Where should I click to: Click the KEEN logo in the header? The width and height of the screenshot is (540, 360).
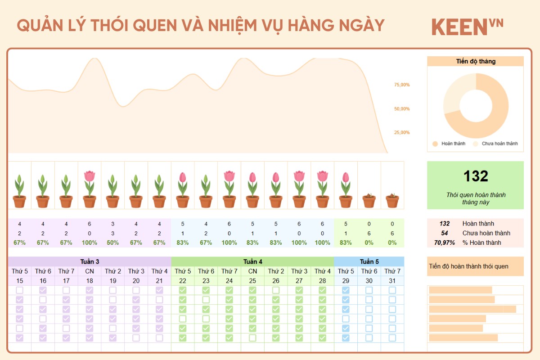pyautogui.click(x=467, y=27)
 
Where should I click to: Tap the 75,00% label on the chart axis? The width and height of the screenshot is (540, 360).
pyautogui.click(x=402, y=85)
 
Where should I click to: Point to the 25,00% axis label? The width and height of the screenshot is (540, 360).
pyautogui.click(x=402, y=133)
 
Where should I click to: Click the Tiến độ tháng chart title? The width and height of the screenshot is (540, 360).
pyautogui.click(x=475, y=61)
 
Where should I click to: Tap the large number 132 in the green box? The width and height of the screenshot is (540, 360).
pyautogui.click(x=476, y=176)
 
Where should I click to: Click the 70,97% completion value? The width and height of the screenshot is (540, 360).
pyautogui.click(x=445, y=243)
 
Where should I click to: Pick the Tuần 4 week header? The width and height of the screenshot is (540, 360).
pyautogui.click(x=252, y=261)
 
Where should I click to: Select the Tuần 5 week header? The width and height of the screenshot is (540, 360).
pyautogui.click(x=369, y=261)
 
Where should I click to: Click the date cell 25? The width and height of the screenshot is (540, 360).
pyautogui.click(x=252, y=281)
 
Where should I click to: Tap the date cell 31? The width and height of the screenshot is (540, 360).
pyautogui.click(x=392, y=281)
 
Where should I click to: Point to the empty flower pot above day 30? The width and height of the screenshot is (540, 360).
pyautogui.click(x=369, y=201)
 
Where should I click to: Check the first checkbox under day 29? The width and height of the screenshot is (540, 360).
pyautogui.click(x=346, y=290)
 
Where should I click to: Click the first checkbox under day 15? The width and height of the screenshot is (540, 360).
pyautogui.click(x=19, y=290)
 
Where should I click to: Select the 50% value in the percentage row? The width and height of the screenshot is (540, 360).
pyautogui.click(x=112, y=243)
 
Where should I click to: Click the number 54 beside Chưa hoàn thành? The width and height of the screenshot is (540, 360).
pyautogui.click(x=445, y=233)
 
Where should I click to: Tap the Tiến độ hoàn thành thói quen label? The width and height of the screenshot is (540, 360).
pyautogui.click(x=468, y=266)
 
